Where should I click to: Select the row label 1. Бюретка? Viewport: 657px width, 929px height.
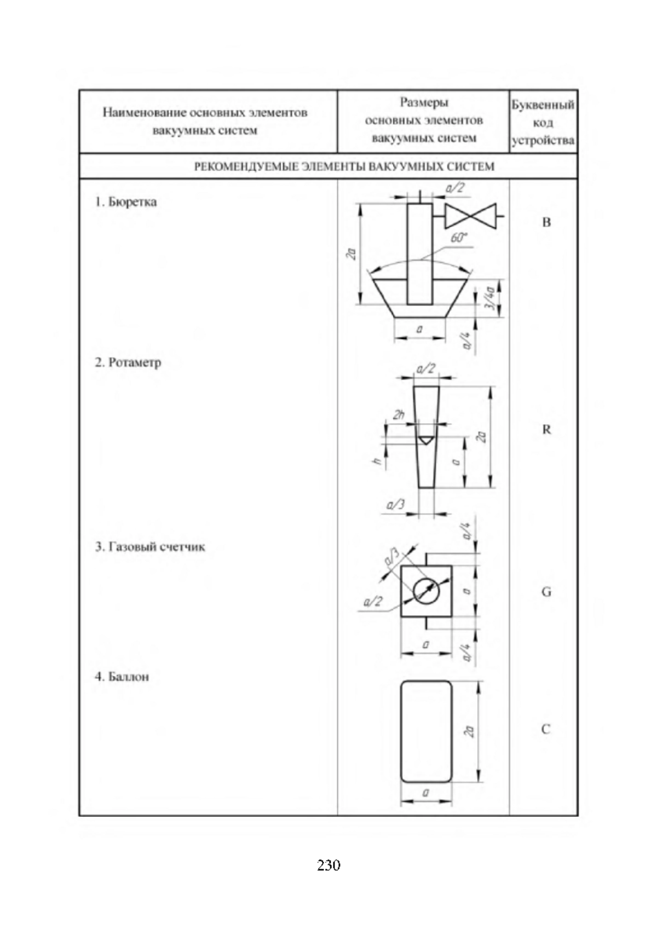[126, 202]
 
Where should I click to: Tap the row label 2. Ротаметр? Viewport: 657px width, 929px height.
[128, 362]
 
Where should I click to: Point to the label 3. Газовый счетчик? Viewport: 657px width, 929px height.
[150, 547]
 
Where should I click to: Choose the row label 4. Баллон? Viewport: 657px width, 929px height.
[122, 677]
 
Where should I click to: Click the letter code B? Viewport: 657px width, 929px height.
[546, 222]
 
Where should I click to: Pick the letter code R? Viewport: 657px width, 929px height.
[546, 430]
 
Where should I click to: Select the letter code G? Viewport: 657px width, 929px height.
[546, 592]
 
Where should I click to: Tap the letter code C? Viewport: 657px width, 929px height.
[546, 729]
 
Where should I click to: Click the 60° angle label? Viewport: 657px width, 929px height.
[458, 238]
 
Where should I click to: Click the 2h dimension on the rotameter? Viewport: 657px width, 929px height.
[399, 414]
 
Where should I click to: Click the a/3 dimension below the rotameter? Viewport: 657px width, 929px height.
[395, 505]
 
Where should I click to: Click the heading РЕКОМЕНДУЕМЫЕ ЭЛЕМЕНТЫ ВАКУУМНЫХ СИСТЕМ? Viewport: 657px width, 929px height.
[345, 167]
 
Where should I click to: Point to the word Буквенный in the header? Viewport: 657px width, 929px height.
[543, 105]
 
